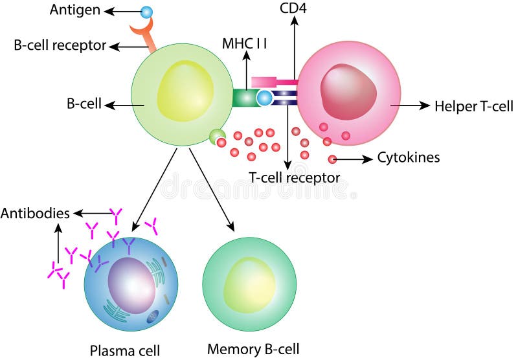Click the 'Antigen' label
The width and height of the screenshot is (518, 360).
click(75, 10)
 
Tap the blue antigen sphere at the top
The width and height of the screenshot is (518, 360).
click(146, 12)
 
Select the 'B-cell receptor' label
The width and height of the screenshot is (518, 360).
click(60, 45)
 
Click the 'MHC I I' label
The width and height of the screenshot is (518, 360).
click(245, 44)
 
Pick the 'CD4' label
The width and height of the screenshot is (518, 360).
click(294, 8)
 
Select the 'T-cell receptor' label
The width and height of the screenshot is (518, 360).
click(294, 177)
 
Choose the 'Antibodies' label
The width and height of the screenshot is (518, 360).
click(36, 213)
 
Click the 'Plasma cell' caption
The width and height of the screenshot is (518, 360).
click(124, 350)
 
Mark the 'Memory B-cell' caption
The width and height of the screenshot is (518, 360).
click(253, 349)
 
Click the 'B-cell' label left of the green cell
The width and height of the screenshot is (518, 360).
click(84, 104)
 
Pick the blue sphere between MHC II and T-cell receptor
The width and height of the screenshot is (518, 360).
click(264, 98)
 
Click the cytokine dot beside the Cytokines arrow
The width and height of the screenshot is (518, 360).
click(333, 159)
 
